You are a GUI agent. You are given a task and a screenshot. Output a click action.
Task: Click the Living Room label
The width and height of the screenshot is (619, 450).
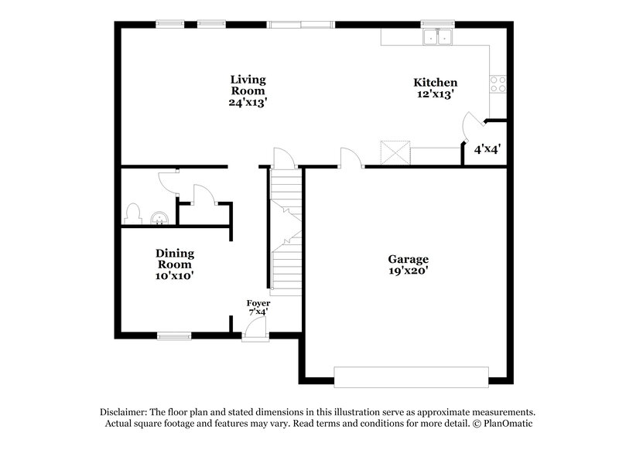248,90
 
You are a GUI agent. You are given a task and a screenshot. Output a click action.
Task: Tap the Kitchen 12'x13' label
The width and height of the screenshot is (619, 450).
435,87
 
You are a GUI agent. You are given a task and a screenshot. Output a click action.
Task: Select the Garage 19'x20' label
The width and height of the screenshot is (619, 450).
409,264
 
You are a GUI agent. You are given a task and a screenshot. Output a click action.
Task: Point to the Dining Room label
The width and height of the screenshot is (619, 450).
175,264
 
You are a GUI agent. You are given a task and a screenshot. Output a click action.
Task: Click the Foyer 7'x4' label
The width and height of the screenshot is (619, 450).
258,307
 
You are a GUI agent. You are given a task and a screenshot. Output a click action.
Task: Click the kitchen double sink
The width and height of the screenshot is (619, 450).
436,37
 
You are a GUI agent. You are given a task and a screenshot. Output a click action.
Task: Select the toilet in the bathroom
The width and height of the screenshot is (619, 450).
132,213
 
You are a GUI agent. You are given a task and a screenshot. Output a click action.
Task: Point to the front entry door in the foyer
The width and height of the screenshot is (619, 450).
255,330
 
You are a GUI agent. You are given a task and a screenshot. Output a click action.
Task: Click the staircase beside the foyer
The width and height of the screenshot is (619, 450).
284,232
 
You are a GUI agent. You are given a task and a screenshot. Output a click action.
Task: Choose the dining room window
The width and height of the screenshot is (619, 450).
174,336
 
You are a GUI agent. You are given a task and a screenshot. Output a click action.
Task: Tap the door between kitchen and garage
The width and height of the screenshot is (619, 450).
352,159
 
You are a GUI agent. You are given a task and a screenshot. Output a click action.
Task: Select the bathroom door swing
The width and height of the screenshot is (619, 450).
168,180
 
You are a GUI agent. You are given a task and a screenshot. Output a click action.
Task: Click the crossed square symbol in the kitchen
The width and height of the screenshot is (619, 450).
394,152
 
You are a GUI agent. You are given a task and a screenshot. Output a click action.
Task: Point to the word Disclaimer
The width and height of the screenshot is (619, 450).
125,412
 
